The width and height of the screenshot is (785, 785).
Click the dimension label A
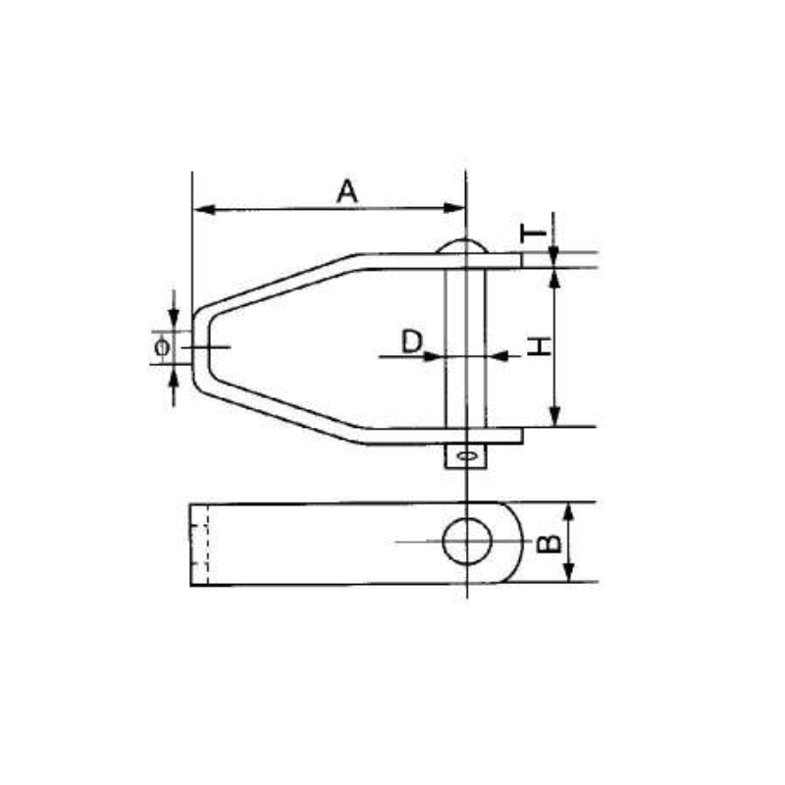click(346, 191)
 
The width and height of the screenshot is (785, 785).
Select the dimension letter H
click(539, 345)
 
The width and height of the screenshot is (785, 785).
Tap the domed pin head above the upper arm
click(465, 245)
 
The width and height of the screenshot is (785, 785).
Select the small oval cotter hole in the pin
click(467, 455)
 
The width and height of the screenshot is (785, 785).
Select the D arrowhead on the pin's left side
click(436, 355)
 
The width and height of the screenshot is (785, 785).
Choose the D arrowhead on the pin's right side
click(496, 355)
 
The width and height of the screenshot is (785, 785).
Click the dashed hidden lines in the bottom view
click(207, 545)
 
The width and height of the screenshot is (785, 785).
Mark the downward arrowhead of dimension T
click(554, 257)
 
